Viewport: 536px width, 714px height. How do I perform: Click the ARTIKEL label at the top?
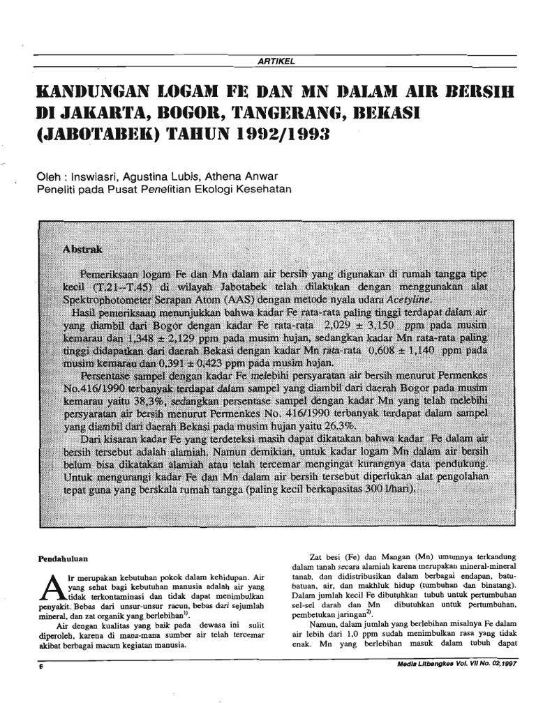point(277,61)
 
